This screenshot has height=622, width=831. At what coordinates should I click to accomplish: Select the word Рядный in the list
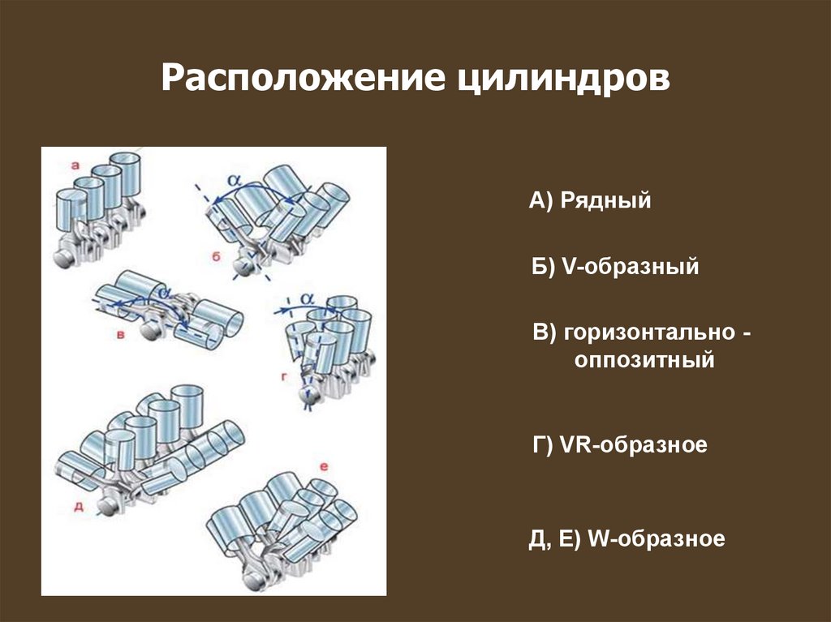click(x=605, y=201)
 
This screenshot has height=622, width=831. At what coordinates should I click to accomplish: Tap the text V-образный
click(x=630, y=266)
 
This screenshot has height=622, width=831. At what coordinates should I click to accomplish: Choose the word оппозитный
click(x=644, y=360)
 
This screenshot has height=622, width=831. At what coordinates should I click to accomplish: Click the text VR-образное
click(x=633, y=444)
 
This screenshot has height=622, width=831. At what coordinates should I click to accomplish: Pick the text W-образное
click(x=656, y=538)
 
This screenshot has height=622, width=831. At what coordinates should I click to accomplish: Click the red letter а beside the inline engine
click(x=75, y=165)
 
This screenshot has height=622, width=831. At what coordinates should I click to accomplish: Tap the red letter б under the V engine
click(x=216, y=257)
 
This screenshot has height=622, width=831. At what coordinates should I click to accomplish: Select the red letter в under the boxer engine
click(x=121, y=335)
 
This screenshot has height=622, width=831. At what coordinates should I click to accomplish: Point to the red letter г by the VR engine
click(x=285, y=377)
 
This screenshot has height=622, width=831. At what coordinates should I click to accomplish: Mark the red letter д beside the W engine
click(x=79, y=507)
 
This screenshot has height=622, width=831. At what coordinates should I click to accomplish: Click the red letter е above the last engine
click(x=324, y=467)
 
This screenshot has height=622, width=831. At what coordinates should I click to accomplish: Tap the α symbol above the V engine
click(x=235, y=180)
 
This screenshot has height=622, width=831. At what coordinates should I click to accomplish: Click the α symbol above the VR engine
click(x=307, y=299)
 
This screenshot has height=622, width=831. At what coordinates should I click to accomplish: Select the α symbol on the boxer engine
click(x=165, y=292)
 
